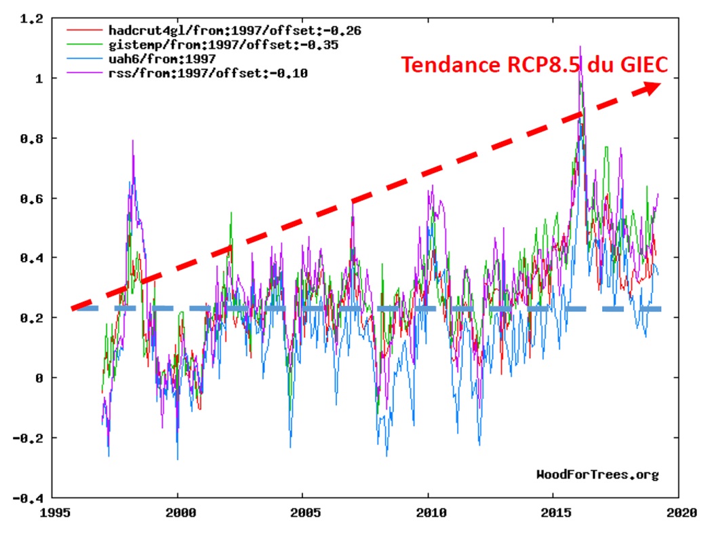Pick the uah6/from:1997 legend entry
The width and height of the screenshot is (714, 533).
coord(162,59)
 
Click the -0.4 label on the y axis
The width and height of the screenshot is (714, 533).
coord(30,498)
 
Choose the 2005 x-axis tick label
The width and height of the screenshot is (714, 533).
coord(303,513)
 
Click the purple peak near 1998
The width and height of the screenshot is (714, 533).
coord(133,141)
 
